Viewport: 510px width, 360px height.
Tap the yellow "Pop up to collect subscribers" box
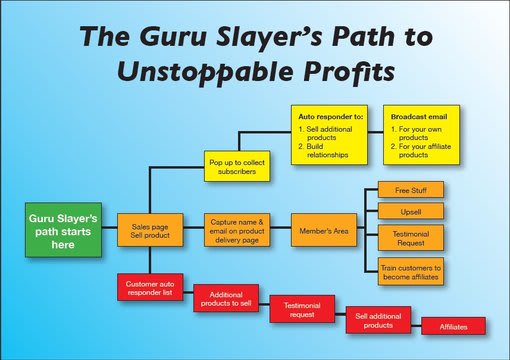(x=238, y=166)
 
